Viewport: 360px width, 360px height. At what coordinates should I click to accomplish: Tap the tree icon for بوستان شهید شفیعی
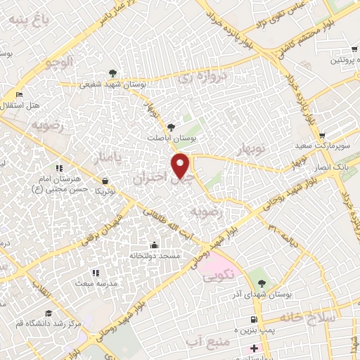click(x=112, y=73)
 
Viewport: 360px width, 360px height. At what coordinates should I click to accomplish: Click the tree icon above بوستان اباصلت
click(x=171, y=127)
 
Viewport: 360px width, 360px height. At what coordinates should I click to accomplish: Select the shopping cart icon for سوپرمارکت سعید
click(x=322, y=136)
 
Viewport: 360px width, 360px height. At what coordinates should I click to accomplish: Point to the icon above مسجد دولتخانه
click(x=155, y=245)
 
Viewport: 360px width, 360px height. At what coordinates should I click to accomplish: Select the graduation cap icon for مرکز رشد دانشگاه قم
click(x=49, y=314)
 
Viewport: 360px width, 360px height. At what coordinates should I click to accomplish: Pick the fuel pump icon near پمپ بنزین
click(x=262, y=320)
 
